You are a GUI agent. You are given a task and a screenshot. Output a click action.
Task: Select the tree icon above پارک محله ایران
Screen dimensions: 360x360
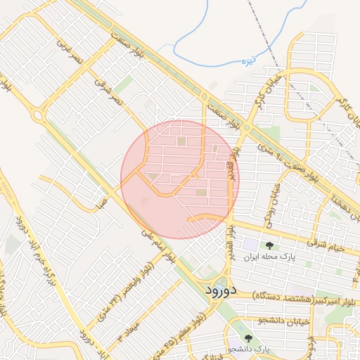269,245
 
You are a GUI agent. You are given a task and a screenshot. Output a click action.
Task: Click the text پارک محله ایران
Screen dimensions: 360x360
269,257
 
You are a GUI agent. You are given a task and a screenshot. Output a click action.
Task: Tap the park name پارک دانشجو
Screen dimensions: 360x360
249,349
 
